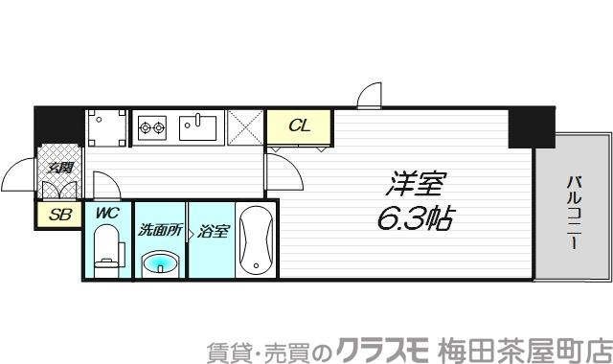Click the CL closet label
(299, 125)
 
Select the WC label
(106, 214)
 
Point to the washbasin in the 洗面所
(159, 262)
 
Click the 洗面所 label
(159, 230)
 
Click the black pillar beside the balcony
(523, 128)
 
